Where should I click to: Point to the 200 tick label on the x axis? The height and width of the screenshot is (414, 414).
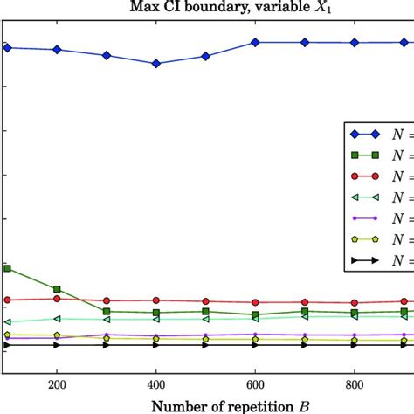tap(57, 382)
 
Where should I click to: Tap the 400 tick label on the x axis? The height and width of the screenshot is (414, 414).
tap(156, 382)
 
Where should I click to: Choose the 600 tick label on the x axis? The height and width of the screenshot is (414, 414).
tap(255, 382)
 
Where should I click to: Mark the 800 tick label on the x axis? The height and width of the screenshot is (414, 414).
tap(355, 382)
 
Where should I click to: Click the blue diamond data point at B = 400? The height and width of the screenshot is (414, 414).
tap(156, 64)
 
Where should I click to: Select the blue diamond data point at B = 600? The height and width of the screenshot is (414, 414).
tap(255, 42)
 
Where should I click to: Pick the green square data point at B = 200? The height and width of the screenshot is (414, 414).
tap(57, 289)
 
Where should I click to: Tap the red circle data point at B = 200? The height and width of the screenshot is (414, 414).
tap(57, 299)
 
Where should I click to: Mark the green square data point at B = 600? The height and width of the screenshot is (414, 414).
tap(255, 314)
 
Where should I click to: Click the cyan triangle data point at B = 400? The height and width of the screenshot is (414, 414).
tap(156, 320)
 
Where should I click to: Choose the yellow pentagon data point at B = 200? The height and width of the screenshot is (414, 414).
tap(57, 335)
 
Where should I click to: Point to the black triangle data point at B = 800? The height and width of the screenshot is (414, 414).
tap(355, 345)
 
